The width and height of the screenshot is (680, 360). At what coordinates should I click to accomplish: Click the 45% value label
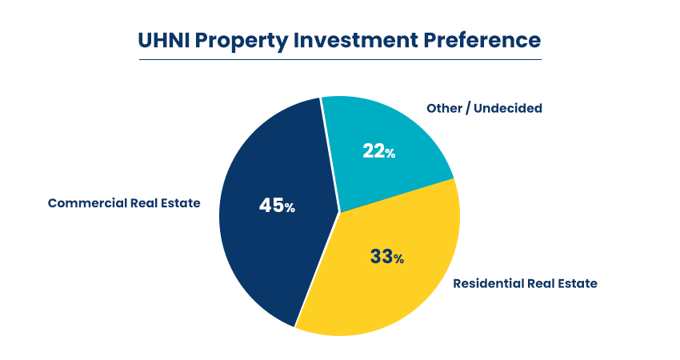[x=277, y=206]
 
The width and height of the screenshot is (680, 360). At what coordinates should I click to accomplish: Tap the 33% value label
[x=386, y=257]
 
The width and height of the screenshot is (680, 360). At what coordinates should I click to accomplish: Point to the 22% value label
[x=378, y=151]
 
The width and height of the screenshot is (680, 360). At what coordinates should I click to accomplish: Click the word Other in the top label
[x=443, y=108]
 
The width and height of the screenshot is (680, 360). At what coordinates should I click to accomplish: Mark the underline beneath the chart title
[x=340, y=59]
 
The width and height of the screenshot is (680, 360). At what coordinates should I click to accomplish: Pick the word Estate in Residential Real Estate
[x=575, y=283]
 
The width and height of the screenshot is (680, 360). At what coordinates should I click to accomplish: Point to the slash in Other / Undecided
[x=467, y=108]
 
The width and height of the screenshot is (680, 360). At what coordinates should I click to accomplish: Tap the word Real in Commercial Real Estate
[x=142, y=203]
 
